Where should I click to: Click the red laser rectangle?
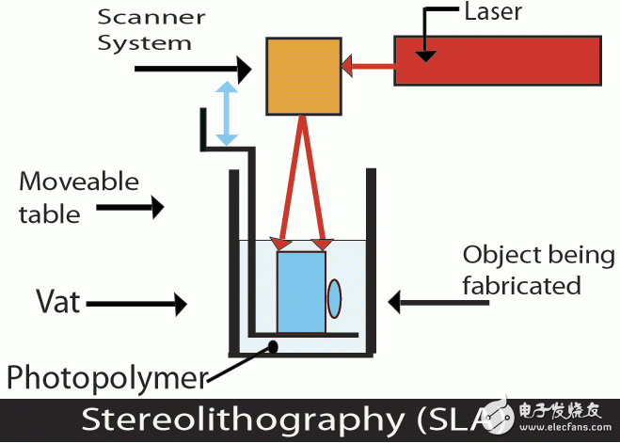click(497, 60)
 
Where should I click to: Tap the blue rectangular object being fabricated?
click(301, 293)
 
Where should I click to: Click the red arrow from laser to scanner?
click(367, 66)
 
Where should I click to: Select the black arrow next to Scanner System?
click(194, 68)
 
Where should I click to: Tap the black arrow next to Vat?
click(151, 303)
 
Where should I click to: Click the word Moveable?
click(79, 182)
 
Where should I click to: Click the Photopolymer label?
click(106, 378)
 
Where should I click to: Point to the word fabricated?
click(522, 284)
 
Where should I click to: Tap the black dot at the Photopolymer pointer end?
click(274, 346)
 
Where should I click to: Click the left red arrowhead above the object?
click(279, 245)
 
